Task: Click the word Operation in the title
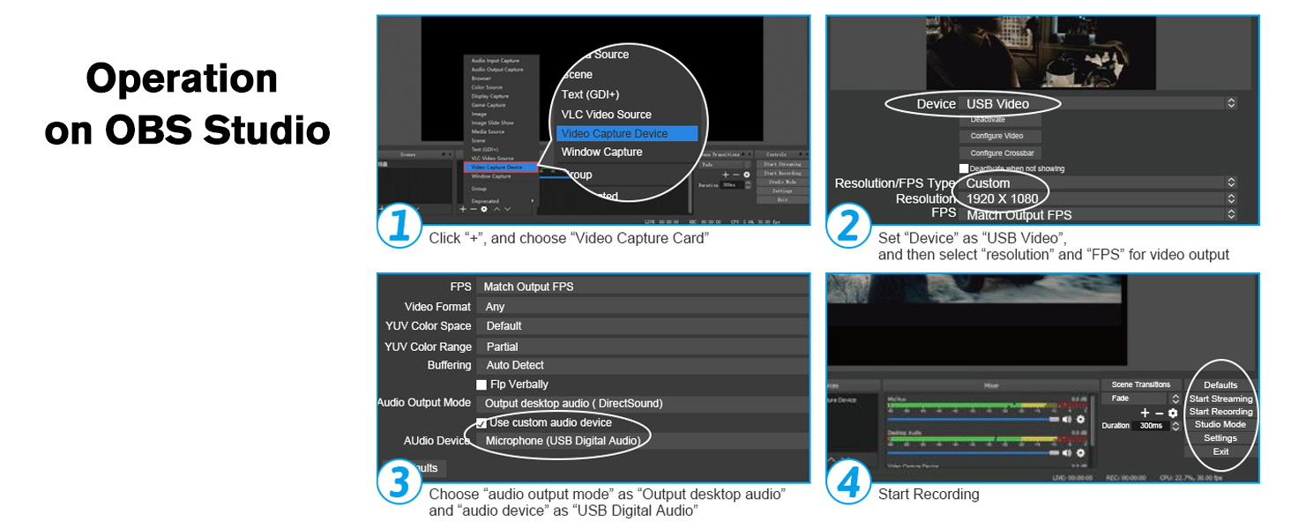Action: (182, 79)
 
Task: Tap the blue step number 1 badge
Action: (399, 227)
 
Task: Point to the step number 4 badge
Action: (848, 484)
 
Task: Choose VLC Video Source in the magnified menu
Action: (607, 115)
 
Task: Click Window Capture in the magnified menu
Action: (602, 153)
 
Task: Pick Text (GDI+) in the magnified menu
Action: (591, 94)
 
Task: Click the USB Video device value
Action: (997, 104)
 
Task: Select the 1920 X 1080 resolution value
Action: (1002, 199)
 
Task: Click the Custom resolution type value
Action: (988, 183)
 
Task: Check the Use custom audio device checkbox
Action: (481, 423)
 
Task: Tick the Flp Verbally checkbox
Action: (481, 384)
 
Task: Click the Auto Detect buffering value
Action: (515, 365)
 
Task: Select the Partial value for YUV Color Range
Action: (502, 346)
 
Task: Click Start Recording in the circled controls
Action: (1220, 412)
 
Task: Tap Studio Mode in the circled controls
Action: (1220, 425)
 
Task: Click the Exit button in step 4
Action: (1220, 451)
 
